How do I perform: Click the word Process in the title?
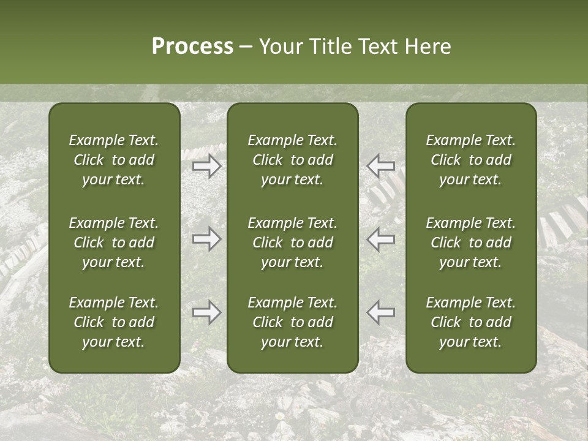[x=192, y=47]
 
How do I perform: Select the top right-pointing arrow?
[x=207, y=166]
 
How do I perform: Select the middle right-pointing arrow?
[x=207, y=239]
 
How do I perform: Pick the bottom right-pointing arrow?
[x=207, y=312]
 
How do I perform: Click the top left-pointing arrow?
[x=381, y=166]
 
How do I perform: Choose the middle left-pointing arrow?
[x=381, y=239]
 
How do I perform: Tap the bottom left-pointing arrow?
[x=381, y=312]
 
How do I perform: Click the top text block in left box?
[x=114, y=160]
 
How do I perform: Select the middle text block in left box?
[x=114, y=243]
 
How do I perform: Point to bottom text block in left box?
[x=114, y=322]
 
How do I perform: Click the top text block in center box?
[x=293, y=160]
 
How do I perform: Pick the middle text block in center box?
[x=293, y=243]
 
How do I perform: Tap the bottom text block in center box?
[x=293, y=322]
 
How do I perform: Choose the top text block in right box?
[x=471, y=160]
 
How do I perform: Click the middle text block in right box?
[x=471, y=243]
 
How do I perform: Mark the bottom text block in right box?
[x=471, y=322]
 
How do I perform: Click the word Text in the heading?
[x=378, y=47]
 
